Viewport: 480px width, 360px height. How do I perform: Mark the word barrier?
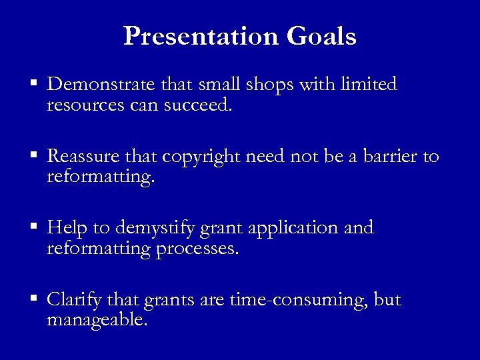(389, 157)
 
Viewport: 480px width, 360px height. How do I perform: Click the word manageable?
(97, 321)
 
